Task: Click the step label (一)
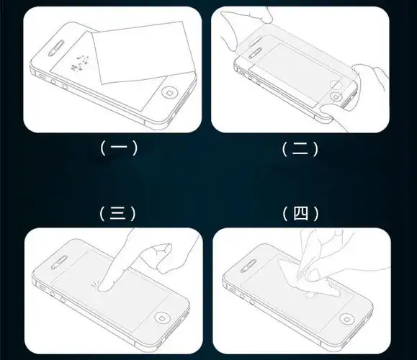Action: pos(119,148)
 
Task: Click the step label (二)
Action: pos(300,149)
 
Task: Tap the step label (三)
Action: pos(117,214)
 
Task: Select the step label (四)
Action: pos(300,214)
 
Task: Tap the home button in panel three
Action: pos(162,318)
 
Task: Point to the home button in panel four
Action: pos(347,319)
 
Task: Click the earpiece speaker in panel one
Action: pos(56,48)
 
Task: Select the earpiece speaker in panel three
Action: pos(59,263)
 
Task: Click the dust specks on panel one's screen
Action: pos(79,63)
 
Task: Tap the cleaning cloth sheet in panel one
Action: pos(143,53)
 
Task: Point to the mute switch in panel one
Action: pos(42,76)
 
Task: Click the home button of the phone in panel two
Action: pos(336,96)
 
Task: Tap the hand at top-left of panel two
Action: pos(245,27)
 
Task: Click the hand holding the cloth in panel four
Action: pos(326,256)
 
